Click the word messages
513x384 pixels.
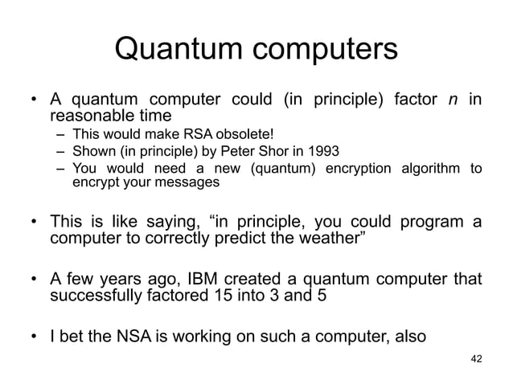pyautogui.click(x=191, y=182)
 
